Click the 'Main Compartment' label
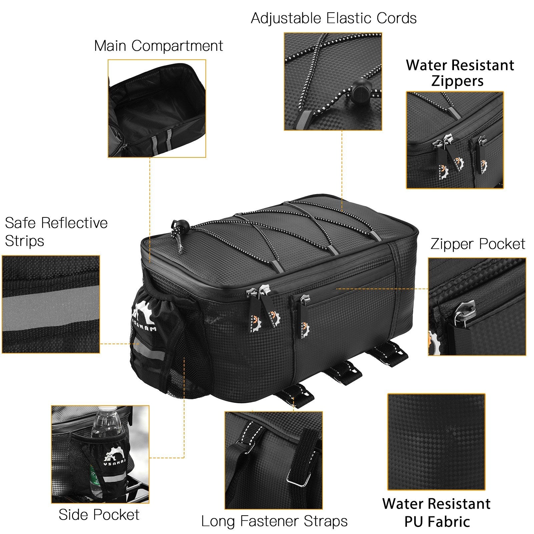[158, 46]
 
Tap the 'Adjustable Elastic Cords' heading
[334, 18]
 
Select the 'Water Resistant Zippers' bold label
[460, 73]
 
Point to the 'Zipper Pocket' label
[478, 244]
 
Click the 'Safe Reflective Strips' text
[56, 232]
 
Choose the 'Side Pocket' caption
[99, 514]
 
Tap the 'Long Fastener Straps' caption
[274, 521]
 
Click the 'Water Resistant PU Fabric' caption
[437, 513]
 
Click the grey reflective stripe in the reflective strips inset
[51, 304]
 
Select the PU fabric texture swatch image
[436, 442]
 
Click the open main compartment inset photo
[157, 108]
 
